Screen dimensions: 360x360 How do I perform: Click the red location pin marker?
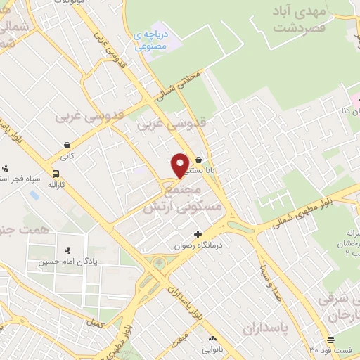pyautogui.click(x=180, y=165)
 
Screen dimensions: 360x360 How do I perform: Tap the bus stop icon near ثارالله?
pyautogui.click(x=56, y=174)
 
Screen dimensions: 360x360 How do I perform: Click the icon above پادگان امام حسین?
pyautogui.click(x=67, y=250)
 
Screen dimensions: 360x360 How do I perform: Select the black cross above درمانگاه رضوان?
pyautogui.click(x=198, y=234)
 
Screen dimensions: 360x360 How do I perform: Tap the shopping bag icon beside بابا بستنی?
pyautogui.click(x=200, y=160)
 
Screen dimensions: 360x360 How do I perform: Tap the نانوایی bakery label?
pyautogui.click(x=212, y=349)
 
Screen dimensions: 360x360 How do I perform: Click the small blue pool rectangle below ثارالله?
pyautogui.click(x=34, y=194)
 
